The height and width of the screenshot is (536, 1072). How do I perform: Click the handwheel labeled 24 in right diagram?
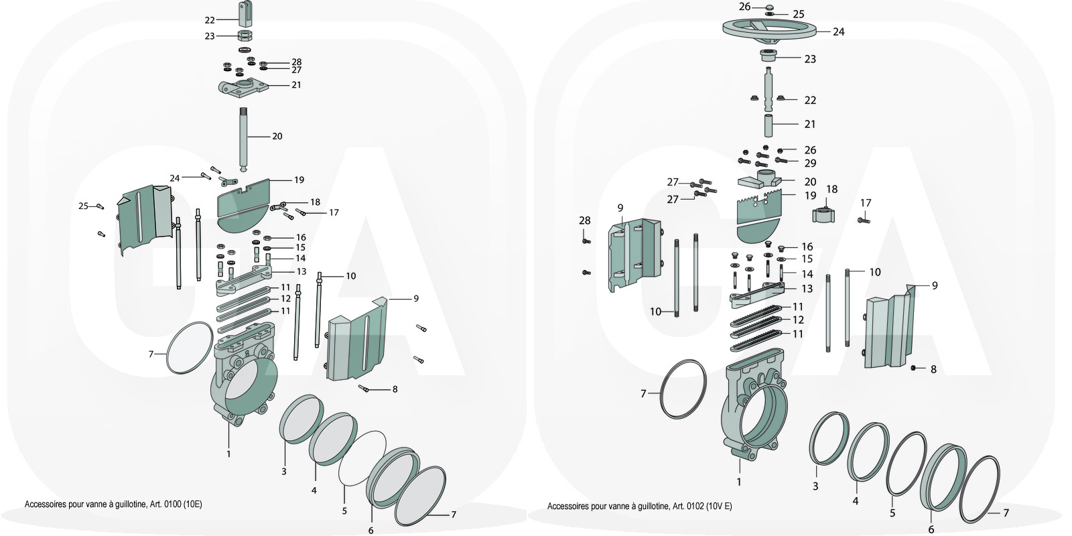[x=770, y=29]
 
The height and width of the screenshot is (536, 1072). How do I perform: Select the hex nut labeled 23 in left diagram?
[x=245, y=36]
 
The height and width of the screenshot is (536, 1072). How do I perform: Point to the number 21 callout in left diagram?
[x=296, y=85]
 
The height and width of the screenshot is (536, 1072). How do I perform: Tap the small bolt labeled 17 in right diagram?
[x=864, y=218]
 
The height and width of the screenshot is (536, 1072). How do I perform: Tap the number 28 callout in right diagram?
[x=585, y=220]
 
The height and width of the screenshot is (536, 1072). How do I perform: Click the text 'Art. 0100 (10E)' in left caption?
[x=172, y=504]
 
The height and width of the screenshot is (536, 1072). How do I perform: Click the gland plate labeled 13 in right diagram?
[x=757, y=293]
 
